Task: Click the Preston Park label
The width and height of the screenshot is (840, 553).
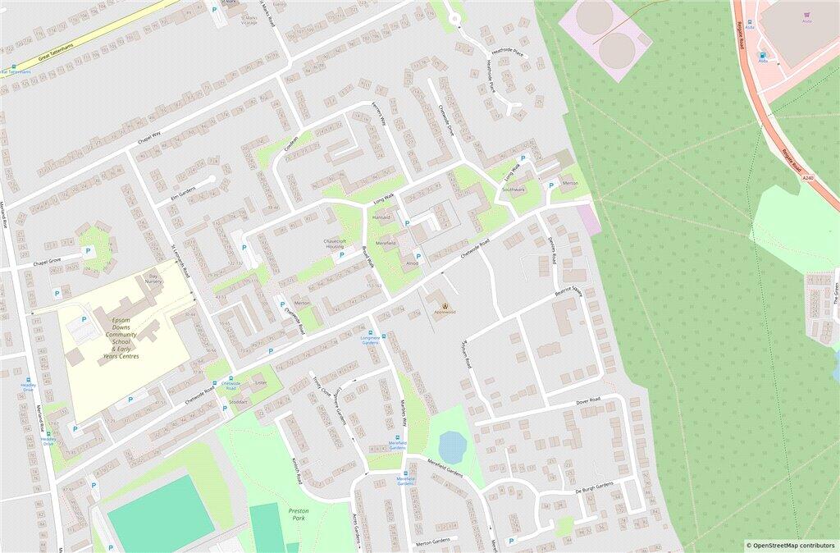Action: click(298, 514)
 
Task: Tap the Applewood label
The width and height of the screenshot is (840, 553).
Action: click(445, 312)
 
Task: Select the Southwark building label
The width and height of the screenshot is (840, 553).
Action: click(514, 190)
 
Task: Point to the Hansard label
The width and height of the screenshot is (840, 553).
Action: click(382, 217)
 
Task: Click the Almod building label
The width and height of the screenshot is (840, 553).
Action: click(412, 263)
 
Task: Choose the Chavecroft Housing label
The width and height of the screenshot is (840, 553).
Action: click(334, 244)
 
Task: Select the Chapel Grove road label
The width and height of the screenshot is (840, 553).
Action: click(48, 263)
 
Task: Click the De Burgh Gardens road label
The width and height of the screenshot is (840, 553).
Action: click(594, 487)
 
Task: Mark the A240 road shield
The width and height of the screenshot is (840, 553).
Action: click(808, 178)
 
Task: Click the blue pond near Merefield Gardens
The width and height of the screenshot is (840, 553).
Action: click(452, 447)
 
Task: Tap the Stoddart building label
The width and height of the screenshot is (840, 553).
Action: click(238, 402)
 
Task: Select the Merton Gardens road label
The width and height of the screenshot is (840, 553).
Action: click(433, 542)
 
